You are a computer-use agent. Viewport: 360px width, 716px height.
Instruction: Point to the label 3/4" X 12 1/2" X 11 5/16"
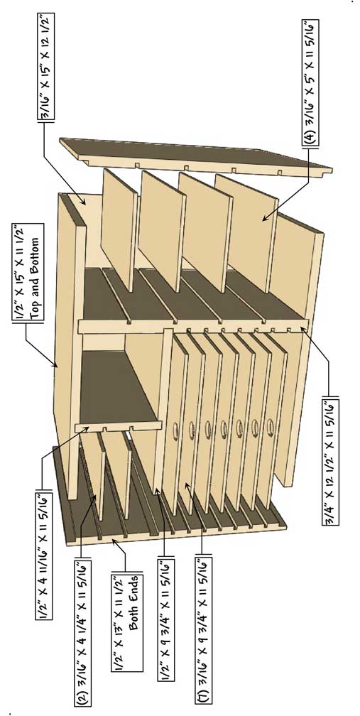(330, 462)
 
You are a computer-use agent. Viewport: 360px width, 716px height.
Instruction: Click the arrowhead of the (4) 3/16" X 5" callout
(264, 219)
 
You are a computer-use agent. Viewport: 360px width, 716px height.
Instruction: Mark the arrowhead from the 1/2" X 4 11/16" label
(88, 428)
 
